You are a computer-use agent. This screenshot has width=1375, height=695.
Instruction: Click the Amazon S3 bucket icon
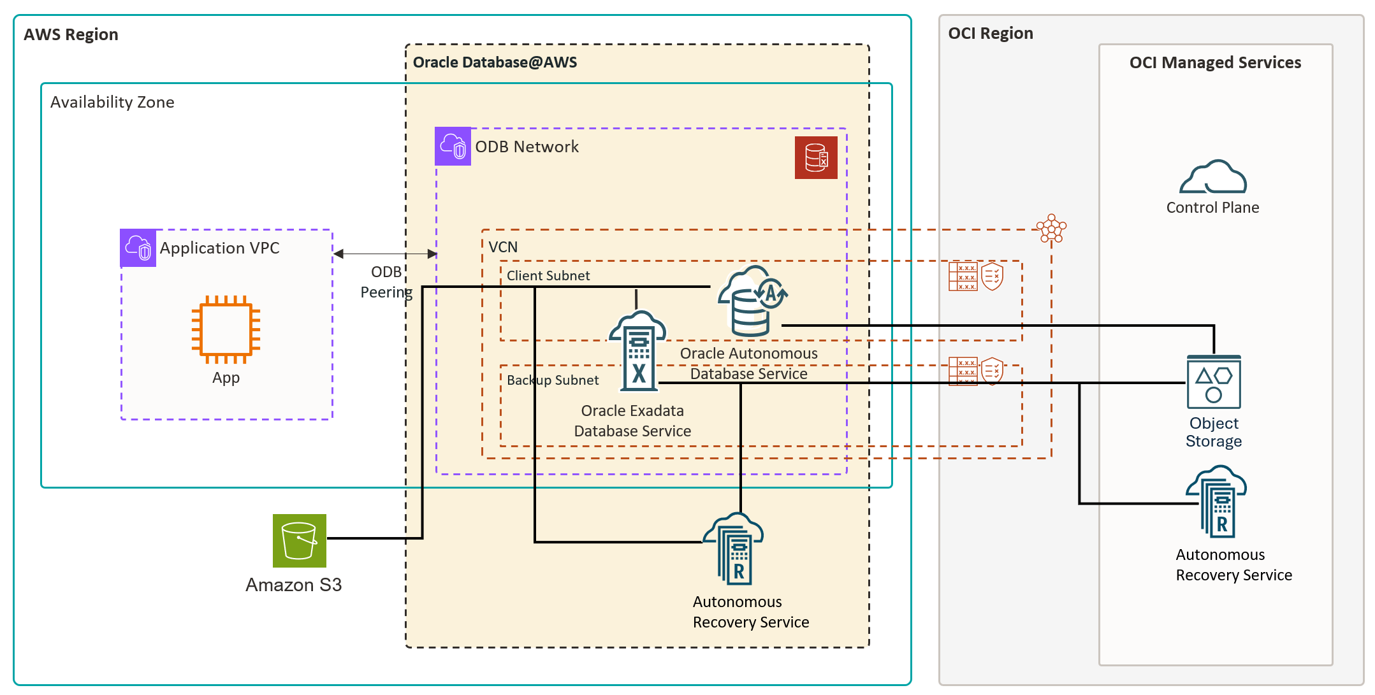click(x=299, y=541)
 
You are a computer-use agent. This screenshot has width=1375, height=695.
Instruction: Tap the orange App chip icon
click(x=226, y=329)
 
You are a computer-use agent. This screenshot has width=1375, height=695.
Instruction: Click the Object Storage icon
click(x=1213, y=382)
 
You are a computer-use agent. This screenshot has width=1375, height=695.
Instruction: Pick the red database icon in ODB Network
click(x=815, y=157)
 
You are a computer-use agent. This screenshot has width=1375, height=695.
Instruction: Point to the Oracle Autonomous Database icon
click(x=752, y=301)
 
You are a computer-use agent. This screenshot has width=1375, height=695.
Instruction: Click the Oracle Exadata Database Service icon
click(x=638, y=350)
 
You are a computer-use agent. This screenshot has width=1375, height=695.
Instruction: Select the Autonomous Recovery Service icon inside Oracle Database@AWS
click(x=734, y=549)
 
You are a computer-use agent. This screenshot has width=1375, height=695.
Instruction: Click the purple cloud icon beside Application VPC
click(x=138, y=248)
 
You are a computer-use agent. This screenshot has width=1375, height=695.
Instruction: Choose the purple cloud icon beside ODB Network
click(x=453, y=147)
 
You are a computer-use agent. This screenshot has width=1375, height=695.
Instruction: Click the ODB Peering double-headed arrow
click(x=385, y=254)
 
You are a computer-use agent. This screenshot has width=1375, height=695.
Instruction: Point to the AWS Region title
click(x=71, y=34)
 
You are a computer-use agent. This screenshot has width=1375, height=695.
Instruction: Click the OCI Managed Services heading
click(x=1214, y=62)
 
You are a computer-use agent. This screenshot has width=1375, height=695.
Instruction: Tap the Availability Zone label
click(x=112, y=103)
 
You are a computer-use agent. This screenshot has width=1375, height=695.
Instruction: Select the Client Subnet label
click(x=548, y=276)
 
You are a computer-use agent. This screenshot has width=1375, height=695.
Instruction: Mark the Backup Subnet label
click(x=553, y=380)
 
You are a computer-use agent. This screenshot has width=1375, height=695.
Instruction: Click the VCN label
click(x=503, y=247)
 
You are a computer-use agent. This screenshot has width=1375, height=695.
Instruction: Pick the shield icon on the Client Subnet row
click(x=992, y=276)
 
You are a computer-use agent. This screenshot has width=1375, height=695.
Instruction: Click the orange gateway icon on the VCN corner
click(x=1051, y=229)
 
